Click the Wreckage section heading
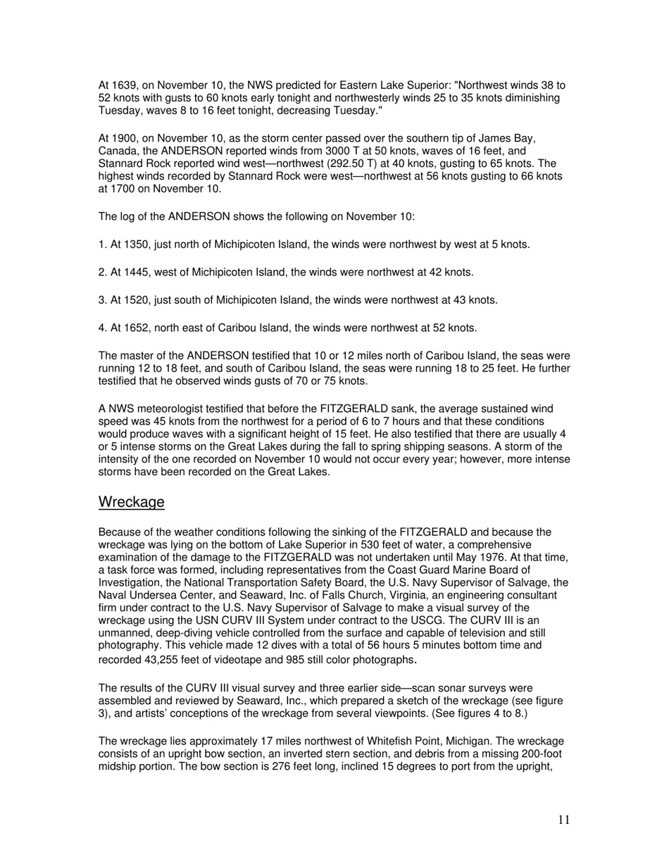pos(131,502)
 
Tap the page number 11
pos(563,819)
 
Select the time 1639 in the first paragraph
pos(123,85)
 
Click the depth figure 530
pos(372,545)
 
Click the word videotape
pos(237,660)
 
